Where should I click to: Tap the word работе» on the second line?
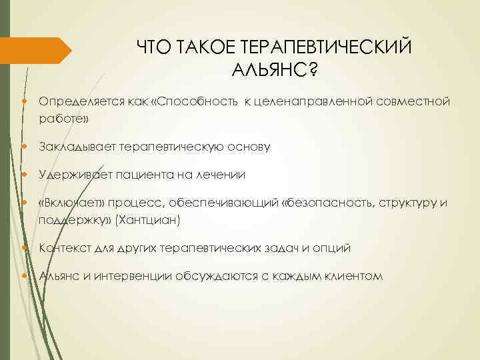tap(64, 119)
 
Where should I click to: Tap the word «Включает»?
tap(70, 203)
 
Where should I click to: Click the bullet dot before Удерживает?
tap(25, 175)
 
